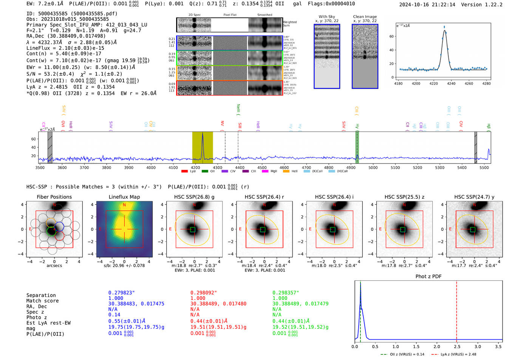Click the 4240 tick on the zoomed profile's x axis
[x=451, y=83]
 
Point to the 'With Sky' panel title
[x=327, y=17]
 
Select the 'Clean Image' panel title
[x=365, y=17]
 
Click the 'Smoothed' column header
[x=264, y=15]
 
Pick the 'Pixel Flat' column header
[x=230, y=15]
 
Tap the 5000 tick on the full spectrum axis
[x=373, y=167]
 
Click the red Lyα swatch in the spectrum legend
[x=185, y=172]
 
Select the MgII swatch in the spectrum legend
[x=265, y=172]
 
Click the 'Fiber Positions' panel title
[x=54, y=197]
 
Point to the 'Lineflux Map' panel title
[x=124, y=197]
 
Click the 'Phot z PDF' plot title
[x=428, y=277]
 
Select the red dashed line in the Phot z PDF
[x=456, y=310]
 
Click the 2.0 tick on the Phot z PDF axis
[x=437, y=346]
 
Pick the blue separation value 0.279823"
[x=121, y=293]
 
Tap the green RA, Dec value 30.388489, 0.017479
[x=300, y=304]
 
